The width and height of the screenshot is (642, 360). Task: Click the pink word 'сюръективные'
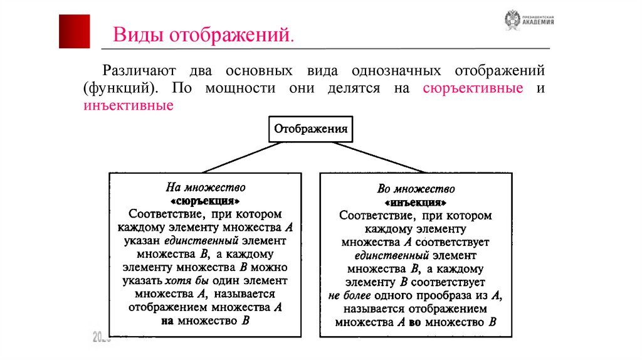(x=473, y=88)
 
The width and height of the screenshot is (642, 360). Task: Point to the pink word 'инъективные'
(x=128, y=105)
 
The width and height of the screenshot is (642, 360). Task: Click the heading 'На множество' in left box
(x=205, y=187)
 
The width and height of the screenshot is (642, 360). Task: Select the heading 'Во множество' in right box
(x=416, y=189)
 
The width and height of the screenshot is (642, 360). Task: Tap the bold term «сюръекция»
(x=205, y=201)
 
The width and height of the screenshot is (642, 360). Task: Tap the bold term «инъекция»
(x=416, y=203)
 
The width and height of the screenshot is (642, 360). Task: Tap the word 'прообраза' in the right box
(x=440, y=295)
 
